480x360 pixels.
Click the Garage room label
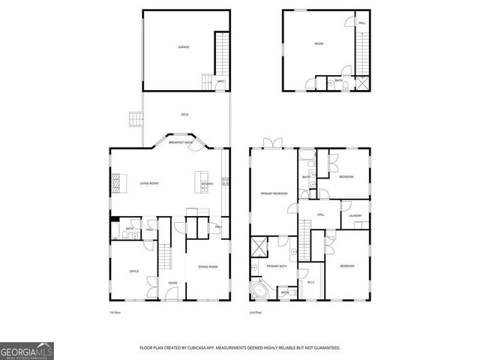183,47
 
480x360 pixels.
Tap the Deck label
184,114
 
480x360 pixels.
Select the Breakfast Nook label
181,142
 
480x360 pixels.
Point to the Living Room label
148,183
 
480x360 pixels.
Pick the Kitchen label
207,184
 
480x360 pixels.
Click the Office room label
134,271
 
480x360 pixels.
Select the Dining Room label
207,267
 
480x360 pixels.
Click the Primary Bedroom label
274,193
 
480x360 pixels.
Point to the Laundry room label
355,215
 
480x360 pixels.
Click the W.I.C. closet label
311,282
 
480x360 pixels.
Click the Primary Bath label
277,266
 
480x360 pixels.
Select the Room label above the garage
318,44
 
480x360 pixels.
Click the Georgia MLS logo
27,350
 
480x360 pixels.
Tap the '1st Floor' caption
115,312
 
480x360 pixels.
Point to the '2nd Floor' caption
256,312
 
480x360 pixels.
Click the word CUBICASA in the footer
203,348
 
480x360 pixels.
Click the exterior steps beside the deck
134,118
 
